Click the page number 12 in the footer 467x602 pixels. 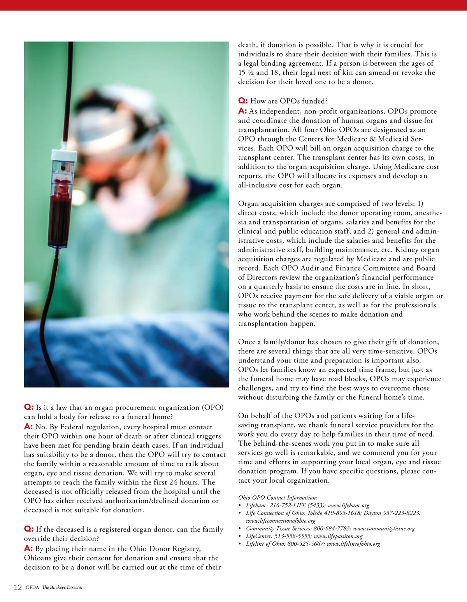(18, 587)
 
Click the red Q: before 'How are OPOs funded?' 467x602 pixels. (243, 101)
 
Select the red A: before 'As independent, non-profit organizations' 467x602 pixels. (242, 111)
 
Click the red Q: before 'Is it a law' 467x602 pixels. (29, 407)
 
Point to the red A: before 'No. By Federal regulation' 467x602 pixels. (28, 427)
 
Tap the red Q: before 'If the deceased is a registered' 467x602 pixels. (29, 529)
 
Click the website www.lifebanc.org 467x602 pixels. (348, 505)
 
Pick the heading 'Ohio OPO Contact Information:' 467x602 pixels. (277, 497)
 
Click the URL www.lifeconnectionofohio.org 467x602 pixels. (281, 521)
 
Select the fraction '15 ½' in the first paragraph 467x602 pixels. (246, 73)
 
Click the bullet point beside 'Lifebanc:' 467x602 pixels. (240, 506)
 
